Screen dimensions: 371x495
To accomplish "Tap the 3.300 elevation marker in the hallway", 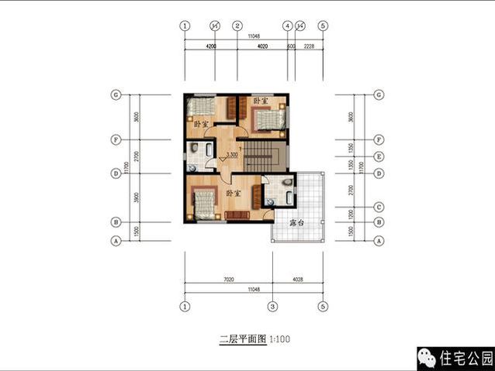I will pyautogui.click(x=231, y=155).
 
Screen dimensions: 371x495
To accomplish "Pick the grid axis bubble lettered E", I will pyautogui.click(x=379, y=156).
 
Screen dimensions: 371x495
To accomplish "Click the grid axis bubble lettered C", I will pyautogui.click(x=379, y=207).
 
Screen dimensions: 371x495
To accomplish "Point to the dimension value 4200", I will pyautogui.click(x=210, y=46).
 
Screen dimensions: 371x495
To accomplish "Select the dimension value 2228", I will pyautogui.click(x=310, y=46).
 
